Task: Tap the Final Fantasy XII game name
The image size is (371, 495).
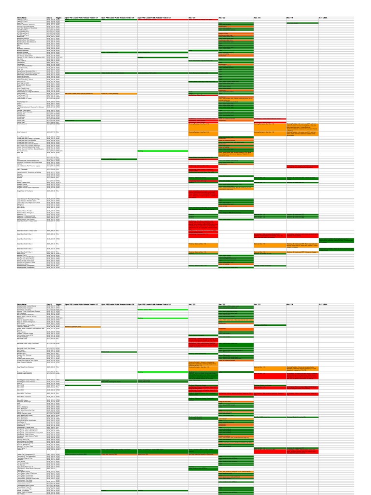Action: point(21,102)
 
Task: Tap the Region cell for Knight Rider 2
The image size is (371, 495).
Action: point(57,191)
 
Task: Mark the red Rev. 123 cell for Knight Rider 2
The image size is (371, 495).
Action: point(203,193)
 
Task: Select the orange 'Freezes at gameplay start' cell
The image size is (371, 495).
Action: point(82,327)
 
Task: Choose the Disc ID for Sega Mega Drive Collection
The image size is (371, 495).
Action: point(51,367)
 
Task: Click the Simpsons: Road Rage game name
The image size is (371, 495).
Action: point(24,402)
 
